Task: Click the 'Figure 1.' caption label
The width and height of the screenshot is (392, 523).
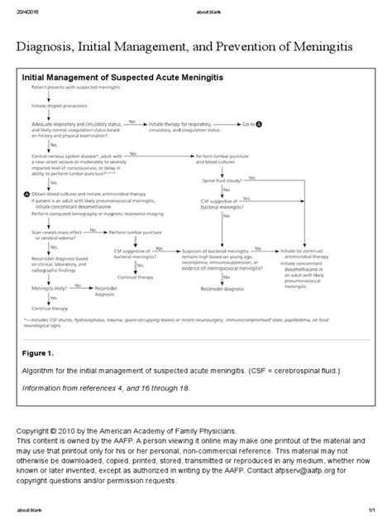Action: pos(39,353)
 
